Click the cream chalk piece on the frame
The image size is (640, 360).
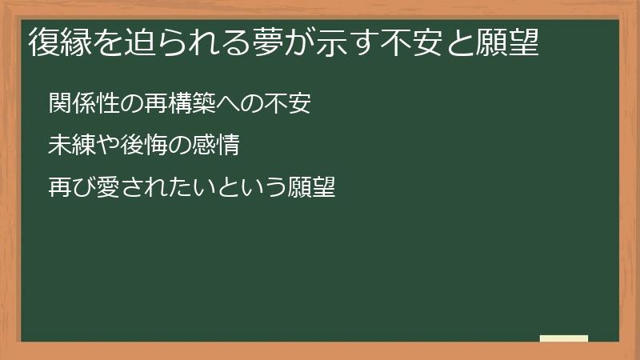pos(564,338)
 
